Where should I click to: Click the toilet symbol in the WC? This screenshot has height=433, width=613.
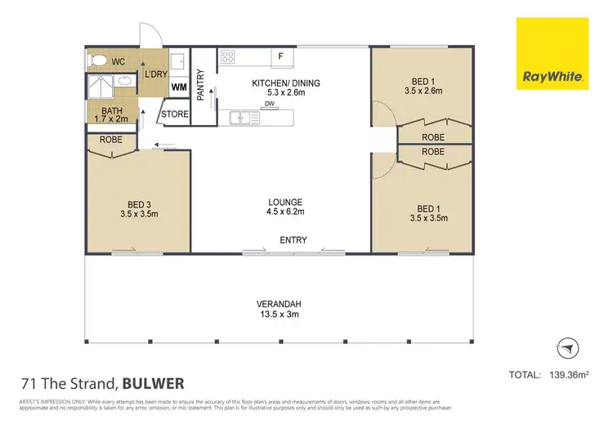98,60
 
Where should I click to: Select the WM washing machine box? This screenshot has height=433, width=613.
179,87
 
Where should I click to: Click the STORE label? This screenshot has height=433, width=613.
174,114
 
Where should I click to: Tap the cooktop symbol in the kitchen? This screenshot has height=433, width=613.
228,57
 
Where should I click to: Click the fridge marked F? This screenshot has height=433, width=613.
281,56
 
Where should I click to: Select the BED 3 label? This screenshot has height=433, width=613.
138,204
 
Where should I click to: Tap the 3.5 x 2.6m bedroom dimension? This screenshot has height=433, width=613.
423,91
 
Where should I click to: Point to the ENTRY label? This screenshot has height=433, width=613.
293,239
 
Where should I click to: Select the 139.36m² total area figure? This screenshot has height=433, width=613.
570,375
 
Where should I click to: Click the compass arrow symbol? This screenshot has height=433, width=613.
565,348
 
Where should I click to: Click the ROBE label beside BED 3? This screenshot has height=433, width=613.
111,140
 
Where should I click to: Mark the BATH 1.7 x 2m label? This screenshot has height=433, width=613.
112,115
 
